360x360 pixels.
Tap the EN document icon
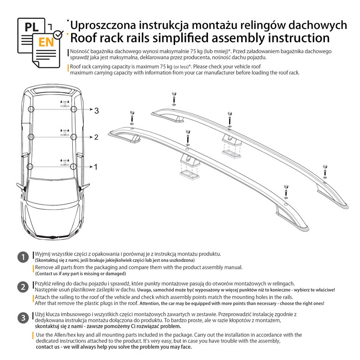coord(45,43)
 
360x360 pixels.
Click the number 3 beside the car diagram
coord(96,110)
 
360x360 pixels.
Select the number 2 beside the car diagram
coord(96,137)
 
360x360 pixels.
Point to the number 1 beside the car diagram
coord(95,167)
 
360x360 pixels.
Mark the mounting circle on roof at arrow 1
coord(30,166)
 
